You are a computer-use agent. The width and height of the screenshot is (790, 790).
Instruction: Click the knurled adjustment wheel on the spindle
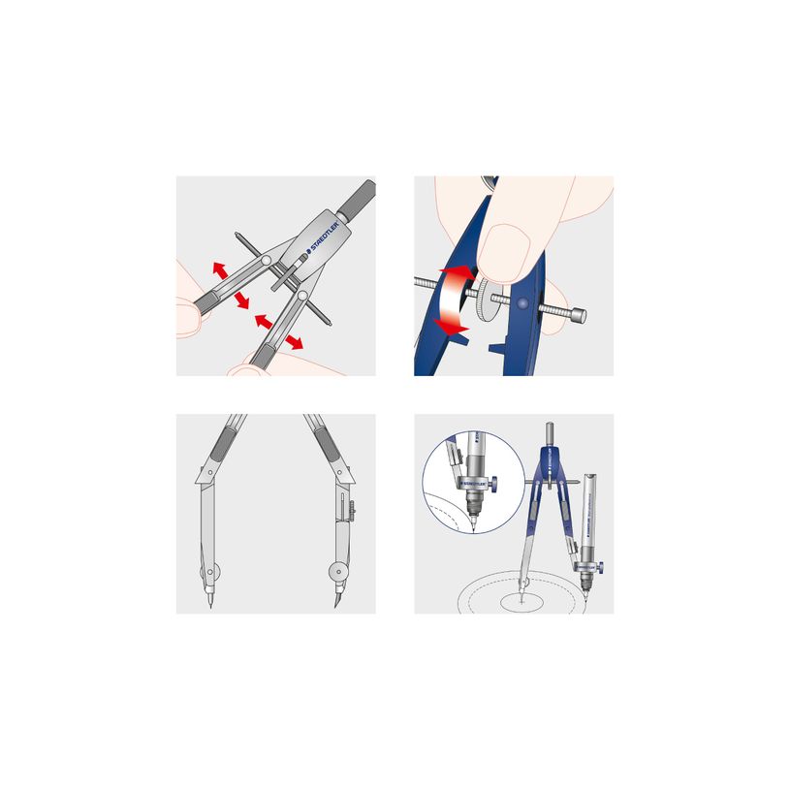485,302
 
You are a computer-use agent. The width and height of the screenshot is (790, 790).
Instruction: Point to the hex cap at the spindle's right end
578,315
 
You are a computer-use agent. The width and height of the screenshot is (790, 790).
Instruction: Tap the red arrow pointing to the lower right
291,340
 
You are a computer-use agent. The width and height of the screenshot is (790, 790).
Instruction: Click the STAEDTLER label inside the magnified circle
475,476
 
